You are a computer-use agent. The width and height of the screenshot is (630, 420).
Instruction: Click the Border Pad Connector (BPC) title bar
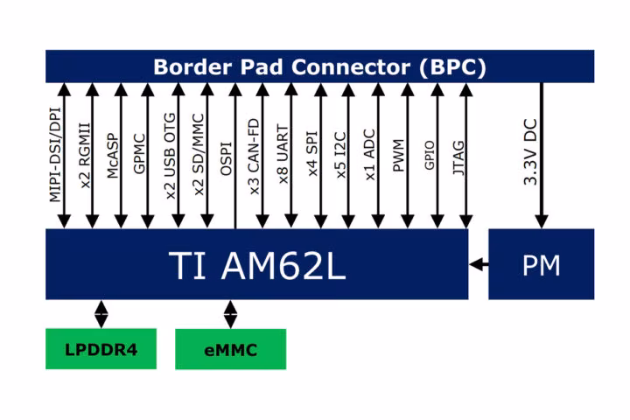[x=320, y=66]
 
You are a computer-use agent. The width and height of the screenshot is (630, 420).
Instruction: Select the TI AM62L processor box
[x=256, y=264]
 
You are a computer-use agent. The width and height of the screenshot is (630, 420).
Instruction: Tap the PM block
[x=542, y=264]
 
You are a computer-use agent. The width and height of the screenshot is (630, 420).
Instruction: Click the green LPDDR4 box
[x=101, y=349]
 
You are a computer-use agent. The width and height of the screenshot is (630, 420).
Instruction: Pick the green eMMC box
[x=231, y=349]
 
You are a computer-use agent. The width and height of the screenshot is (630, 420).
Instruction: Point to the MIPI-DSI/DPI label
[x=55, y=155]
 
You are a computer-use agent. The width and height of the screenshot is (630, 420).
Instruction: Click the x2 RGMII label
[x=84, y=156]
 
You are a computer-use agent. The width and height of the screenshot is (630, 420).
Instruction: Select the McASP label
[x=113, y=156]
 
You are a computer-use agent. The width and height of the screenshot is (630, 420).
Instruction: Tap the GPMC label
[x=139, y=154]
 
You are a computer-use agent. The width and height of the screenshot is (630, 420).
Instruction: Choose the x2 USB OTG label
[x=170, y=157]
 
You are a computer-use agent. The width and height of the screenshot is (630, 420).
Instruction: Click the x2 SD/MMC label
[x=199, y=155]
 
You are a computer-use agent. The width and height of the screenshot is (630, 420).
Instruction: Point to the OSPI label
[x=227, y=158]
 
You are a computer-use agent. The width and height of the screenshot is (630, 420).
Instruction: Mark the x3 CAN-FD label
[x=255, y=157]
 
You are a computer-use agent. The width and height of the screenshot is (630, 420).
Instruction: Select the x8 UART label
[x=283, y=155]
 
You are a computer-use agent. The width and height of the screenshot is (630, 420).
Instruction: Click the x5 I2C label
[x=340, y=155]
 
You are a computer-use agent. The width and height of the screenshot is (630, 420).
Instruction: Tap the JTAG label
[x=458, y=157]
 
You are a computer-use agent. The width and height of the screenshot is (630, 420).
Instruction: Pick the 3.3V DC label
[x=530, y=152]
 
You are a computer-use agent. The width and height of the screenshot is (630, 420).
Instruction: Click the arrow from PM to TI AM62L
[x=479, y=264]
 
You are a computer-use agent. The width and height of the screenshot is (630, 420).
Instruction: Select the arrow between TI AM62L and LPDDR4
[x=101, y=314]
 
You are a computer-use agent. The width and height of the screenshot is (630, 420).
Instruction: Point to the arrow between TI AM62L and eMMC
[x=230, y=314]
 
